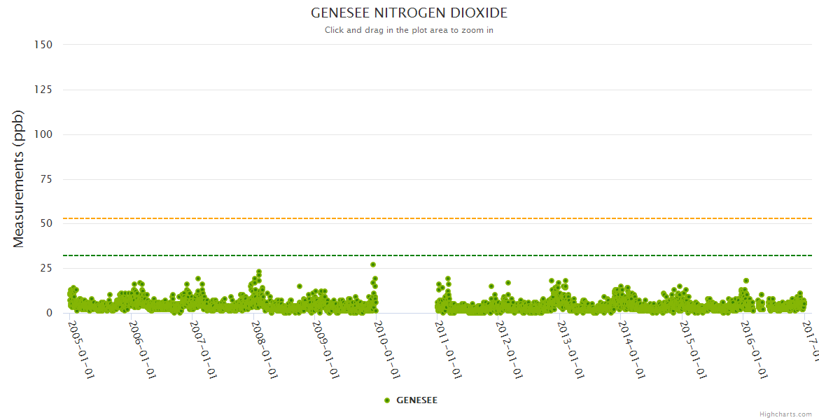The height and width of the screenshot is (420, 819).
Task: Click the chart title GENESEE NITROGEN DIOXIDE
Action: [x=409, y=13]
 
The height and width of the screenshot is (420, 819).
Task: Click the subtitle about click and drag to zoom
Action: [x=409, y=30]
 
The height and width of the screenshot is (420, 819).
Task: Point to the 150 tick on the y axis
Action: [x=43, y=45]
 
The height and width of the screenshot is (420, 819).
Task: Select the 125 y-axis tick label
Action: [x=43, y=90]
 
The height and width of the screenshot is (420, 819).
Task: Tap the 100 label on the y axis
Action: [x=43, y=134]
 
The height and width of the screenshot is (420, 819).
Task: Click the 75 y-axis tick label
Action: [x=46, y=179]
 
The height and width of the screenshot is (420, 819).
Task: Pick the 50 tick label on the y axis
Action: [x=46, y=223]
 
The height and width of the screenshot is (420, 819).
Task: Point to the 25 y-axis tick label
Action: [x=46, y=268]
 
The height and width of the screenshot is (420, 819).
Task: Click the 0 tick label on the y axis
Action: [x=49, y=313]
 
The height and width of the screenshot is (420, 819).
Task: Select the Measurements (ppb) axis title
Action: [x=19, y=178]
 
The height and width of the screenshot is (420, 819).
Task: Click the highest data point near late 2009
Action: [x=373, y=265]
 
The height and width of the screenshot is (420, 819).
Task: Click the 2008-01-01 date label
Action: [x=265, y=350]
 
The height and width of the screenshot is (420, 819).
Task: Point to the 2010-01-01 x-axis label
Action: [x=388, y=350]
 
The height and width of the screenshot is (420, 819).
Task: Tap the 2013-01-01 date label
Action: [x=571, y=350]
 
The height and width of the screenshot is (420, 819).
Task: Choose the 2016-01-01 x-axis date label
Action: [x=755, y=350]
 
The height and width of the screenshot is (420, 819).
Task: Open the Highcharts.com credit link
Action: [x=785, y=414]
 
